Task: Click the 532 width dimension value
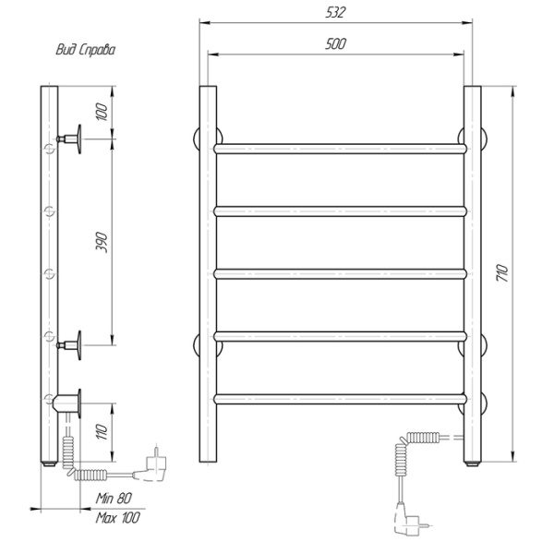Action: coord(336,10)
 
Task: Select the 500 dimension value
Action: coord(336,44)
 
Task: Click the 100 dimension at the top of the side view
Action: coord(102,112)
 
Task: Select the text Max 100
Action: coord(117,518)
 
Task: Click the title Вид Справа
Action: coord(84,51)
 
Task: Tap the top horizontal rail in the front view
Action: coord(340,148)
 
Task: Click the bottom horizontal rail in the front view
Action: coord(340,399)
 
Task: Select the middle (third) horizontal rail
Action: coord(340,273)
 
